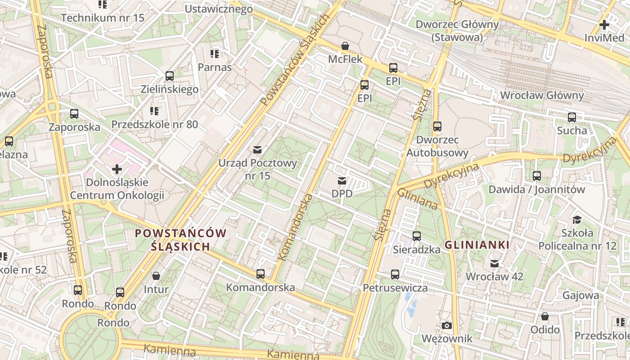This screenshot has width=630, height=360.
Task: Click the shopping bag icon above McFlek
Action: [x=345, y=46]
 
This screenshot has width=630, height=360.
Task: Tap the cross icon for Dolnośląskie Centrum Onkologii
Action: [x=117, y=169]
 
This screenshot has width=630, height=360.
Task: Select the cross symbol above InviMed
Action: [x=604, y=25]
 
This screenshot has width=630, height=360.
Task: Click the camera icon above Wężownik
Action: [x=446, y=325]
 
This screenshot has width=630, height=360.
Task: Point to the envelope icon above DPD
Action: [x=342, y=181]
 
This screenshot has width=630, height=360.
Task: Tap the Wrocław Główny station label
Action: [x=542, y=95]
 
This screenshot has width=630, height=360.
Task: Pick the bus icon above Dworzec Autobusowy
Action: [x=437, y=126]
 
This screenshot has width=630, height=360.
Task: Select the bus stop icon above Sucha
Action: [x=572, y=117]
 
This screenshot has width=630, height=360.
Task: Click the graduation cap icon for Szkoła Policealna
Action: [x=577, y=220]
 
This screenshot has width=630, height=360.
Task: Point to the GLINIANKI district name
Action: [x=477, y=245]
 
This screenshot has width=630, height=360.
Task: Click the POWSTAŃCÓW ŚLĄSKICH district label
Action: [x=180, y=240]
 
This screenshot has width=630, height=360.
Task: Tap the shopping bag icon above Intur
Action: [x=156, y=276]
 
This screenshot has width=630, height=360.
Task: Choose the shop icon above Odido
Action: [x=545, y=316]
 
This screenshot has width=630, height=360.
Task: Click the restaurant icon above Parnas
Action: [x=215, y=54]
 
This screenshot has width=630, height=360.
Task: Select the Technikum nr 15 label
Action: [x=103, y=18]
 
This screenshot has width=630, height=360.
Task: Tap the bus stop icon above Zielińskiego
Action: [x=170, y=76]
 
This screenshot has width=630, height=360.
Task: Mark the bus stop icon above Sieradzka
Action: [x=417, y=236]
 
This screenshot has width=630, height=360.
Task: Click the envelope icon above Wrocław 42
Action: [x=495, y=263]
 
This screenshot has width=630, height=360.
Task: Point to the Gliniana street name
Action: [x=417, y=199]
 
